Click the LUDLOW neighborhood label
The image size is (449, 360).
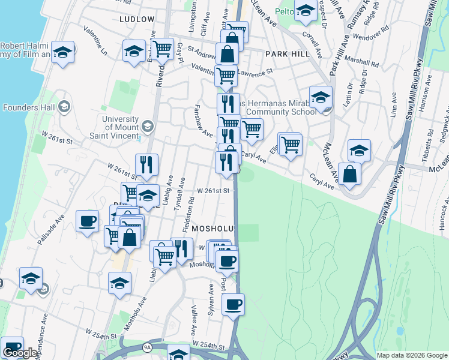click(137, 19)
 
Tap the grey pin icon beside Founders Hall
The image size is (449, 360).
click(64, 107)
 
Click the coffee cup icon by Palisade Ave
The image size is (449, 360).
click(87, 221)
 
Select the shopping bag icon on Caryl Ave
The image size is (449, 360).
click(349, 175)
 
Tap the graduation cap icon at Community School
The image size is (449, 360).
click(321, 97)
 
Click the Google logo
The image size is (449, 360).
click(20, 353)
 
